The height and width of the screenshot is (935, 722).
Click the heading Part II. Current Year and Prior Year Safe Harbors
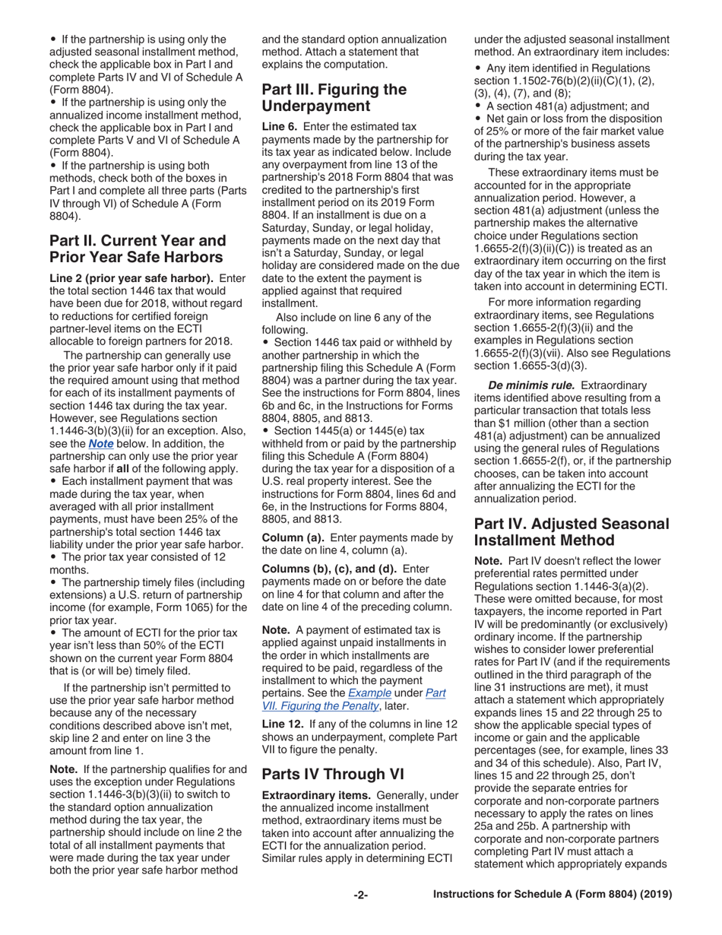tap(138, 249)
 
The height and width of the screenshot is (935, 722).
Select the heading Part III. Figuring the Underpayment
tap(334, 97)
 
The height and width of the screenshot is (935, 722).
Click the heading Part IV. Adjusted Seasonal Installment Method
tap(572, 532)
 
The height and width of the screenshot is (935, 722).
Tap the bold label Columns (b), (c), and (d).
tap(328, 569)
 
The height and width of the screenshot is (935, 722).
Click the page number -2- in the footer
tap(361, 895)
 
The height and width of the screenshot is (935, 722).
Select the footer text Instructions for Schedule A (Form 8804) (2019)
tap(553, 895)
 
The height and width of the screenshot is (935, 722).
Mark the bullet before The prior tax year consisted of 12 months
tap(53, 557)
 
